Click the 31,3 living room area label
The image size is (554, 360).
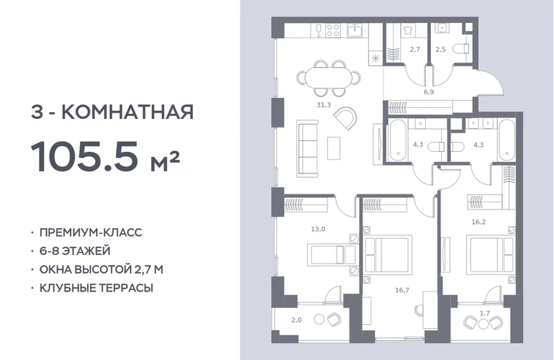[x=324, y=104]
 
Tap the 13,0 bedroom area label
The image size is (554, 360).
[x=318, y=229]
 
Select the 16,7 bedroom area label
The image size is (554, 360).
[x=402, y=290]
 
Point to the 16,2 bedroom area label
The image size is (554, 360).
[x=478, y=222]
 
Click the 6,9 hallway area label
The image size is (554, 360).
[x=429, y=92]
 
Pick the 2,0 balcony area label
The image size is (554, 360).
[x=296, y=320]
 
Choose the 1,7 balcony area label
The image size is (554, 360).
[x=485, y=313]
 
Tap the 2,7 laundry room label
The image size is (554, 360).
[x=415, y=50]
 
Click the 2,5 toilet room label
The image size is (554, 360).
[x=440, y=50]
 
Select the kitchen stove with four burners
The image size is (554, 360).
[x=333, y=30]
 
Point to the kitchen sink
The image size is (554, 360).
[x=353, y=30]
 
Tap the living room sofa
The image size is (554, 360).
[x=307, y=148]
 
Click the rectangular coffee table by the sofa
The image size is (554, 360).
[x=334, y=148]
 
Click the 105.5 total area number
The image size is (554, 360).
[x=84, y=156]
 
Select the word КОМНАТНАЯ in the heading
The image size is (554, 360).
[x=127, y=112]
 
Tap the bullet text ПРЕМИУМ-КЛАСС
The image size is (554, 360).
[x=91, y=233]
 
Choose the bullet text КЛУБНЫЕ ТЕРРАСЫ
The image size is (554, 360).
[x=96, y=288]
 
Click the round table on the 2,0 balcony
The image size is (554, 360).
[x=319, y=320]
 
